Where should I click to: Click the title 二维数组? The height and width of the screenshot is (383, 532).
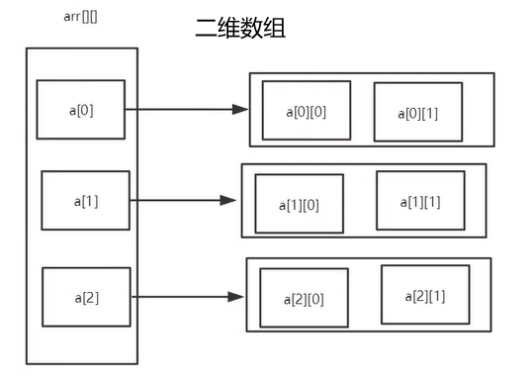242,29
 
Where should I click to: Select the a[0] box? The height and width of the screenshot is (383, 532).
81,109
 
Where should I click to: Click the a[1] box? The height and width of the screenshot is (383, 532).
85,201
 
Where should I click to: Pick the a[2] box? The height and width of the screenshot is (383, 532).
86,296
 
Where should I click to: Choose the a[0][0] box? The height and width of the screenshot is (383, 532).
306,110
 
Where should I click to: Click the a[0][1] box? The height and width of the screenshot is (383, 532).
417,112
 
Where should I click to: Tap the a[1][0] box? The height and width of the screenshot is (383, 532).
299,204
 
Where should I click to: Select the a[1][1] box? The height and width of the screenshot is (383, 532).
420,201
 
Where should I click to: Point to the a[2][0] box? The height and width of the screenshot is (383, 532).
304,298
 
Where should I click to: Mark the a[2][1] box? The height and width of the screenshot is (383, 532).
425,295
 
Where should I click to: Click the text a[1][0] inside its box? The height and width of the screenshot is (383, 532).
299,204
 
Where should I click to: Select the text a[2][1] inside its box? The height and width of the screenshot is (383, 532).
425,295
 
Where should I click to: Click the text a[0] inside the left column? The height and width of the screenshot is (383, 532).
81,109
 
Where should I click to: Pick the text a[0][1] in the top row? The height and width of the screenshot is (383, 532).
417,112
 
